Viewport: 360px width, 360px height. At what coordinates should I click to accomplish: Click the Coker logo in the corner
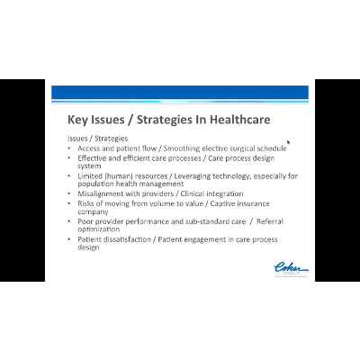point(290,267)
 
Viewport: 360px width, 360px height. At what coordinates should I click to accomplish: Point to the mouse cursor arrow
point(288,142)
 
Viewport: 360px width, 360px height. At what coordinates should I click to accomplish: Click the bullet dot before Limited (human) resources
point(70,175)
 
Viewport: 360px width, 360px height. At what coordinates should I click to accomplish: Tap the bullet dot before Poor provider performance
point(70,221)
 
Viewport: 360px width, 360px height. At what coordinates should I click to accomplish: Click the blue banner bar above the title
point(180,92)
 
